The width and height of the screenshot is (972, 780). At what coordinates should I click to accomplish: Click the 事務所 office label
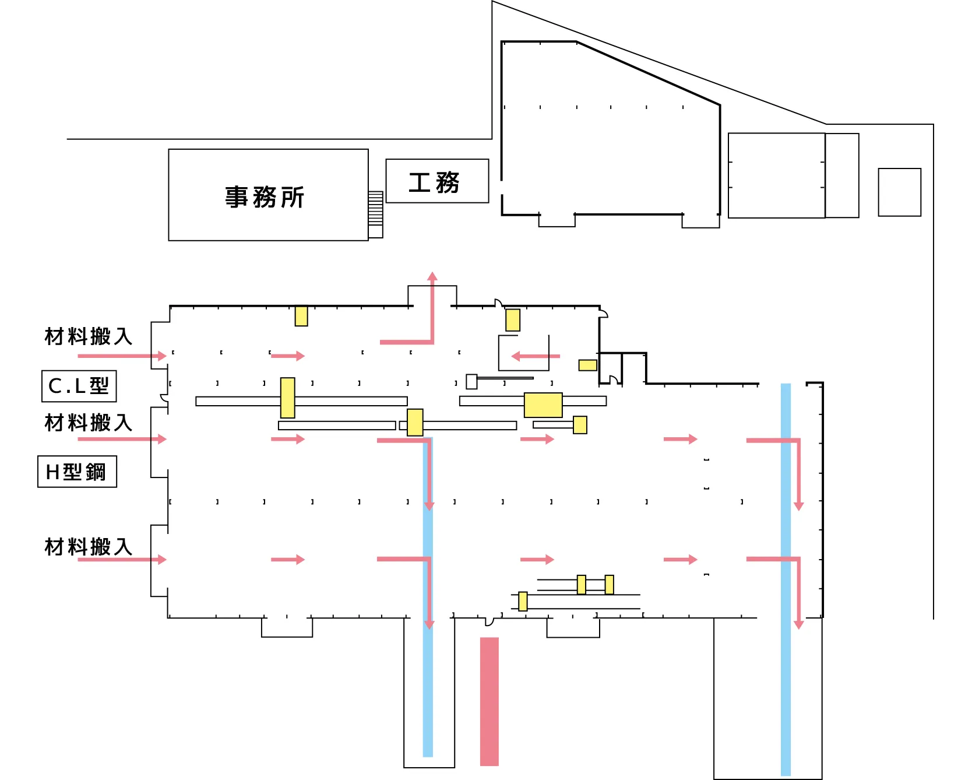click(265, 197)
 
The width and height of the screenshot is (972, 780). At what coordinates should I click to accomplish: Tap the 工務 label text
click(434, 182)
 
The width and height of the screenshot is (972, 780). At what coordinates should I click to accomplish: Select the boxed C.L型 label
click(79, 386)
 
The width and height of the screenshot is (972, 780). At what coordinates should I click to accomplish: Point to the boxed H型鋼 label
click(76, 472)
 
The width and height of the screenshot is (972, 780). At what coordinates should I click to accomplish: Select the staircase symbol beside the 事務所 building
click(375, 209)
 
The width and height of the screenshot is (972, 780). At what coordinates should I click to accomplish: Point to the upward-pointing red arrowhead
click(432, 276)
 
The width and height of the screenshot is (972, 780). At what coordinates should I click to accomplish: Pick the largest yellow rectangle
click(543, 405)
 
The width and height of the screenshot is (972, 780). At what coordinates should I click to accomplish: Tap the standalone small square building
click(899, 192)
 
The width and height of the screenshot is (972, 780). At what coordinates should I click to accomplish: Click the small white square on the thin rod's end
click(471, 381)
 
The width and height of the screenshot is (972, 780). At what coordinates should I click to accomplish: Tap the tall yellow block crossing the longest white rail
click(287, 398)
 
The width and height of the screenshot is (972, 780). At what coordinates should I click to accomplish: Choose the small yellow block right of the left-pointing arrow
click(587, 365)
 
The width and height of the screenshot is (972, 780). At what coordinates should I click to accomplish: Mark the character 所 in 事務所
click(293, 198)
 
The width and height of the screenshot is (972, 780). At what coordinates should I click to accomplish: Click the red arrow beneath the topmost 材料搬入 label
click(122, 356)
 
